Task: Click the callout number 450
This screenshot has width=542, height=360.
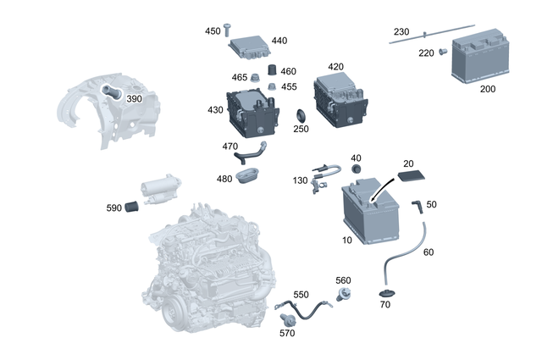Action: [x=212, y=30]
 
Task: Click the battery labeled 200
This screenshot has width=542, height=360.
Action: [x=484, y=61]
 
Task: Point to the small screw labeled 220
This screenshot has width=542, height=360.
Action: [x=442, y=53]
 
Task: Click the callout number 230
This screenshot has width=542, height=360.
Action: [x=401, y=31]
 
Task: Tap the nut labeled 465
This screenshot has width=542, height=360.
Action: [x=257, y=78]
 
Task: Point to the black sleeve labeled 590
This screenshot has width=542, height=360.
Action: [x=132, y=207]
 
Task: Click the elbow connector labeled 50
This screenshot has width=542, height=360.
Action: [x=417, y=206]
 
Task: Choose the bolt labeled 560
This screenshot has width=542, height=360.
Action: [x=344, y=295]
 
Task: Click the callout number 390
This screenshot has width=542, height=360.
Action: [x=134, y=98]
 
